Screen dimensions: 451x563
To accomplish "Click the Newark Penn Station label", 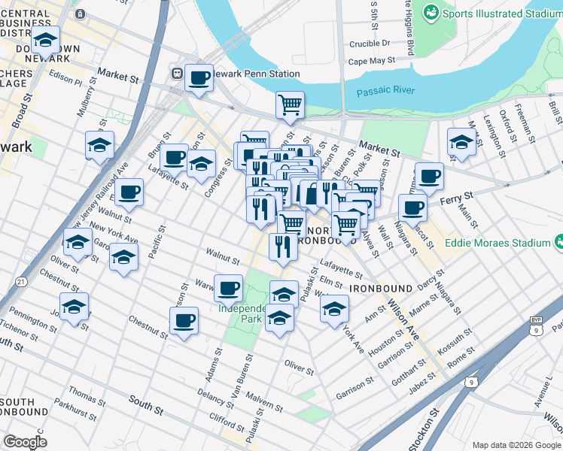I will pyautogui.click(x=251, y=74).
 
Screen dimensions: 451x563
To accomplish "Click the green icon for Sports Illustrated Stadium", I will pyautogui.click(x=431, y=12).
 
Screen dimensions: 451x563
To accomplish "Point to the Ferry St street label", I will pyautogui.click(x=457, y=196).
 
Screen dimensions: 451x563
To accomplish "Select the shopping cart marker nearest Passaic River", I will pyautogui.click(x=290, y=105).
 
